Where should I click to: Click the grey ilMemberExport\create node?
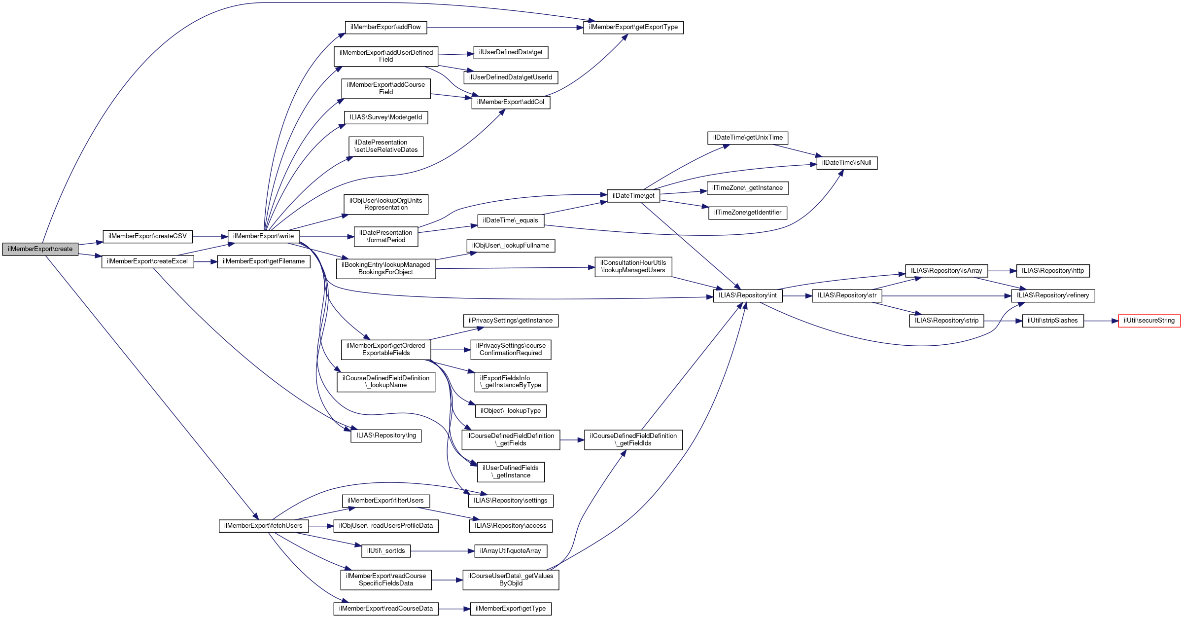tap(40, 249)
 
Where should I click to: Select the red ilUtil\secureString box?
tap(1149, 321)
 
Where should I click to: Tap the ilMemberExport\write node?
tap(263, 236)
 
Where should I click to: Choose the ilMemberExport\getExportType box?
tap(633, 27)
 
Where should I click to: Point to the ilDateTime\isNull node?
tap(846, 163)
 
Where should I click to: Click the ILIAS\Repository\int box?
tap(747, 295)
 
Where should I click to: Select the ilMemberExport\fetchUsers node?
tap(263, 526)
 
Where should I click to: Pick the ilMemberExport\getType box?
tap(511, 609)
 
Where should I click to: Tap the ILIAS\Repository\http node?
tap(1052, 271)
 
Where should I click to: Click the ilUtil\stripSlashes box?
tap(1052, 321)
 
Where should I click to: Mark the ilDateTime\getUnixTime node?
tap(748, 138)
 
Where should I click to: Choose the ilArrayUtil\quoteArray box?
tap(510, 551)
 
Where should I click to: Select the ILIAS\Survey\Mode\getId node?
tap(385, 117)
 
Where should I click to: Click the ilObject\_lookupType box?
tap(510, 411)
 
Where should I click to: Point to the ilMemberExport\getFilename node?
tap(263, 261)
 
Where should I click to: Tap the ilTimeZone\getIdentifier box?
tap(747, 213)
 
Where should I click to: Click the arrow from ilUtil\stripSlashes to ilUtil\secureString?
tap(1101, 321)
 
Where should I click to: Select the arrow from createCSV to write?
tap(210, 237)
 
